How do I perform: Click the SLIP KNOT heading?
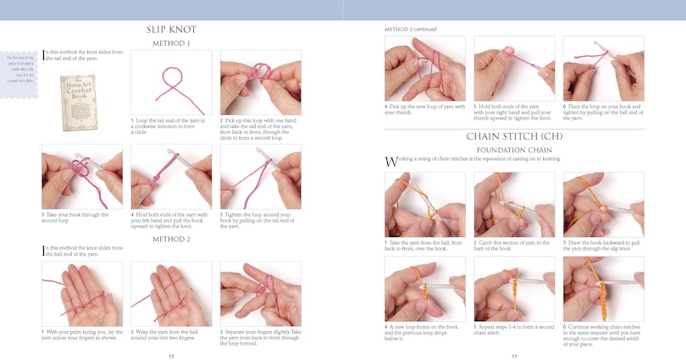pos(171,30)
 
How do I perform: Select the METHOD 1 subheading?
pos(171,43)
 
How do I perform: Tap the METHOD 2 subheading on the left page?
pos(171,240)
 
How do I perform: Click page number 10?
pos(171,356)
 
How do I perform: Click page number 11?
pos(513,356)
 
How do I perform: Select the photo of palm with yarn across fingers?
pos(81,293)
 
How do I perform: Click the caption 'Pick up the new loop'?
pos(423,109)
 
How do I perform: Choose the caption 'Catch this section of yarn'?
pos(512,246)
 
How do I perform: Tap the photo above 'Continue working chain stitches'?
pos(603,288)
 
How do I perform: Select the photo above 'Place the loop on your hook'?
pos(603,68)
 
